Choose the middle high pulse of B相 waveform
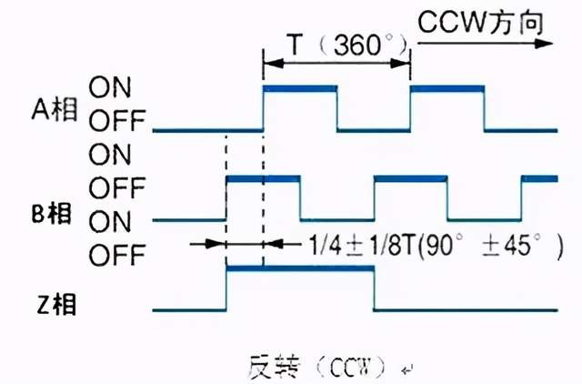pos(409,178)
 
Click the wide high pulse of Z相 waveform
pos(299,268)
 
